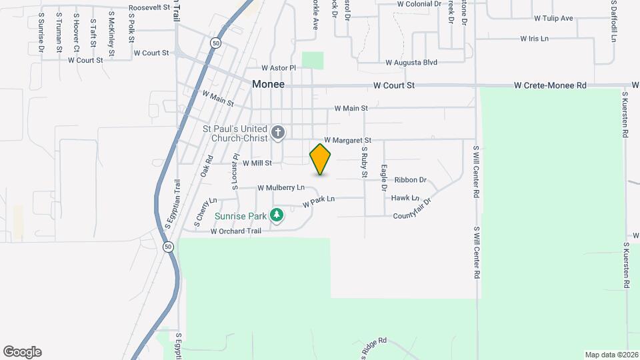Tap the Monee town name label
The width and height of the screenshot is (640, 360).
click(x=269, y=85)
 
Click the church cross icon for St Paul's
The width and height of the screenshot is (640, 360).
click(x=278, y=133)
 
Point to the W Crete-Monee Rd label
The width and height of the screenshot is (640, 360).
click(x=550, y=85)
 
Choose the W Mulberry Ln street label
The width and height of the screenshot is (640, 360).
click(x=281, y=188)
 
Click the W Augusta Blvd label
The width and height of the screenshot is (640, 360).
click(x=411, y=63)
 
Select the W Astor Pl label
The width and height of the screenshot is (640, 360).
click(x=278, y=68)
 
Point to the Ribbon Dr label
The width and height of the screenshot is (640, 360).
click(x=410, y=180)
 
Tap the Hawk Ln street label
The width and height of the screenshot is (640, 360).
click(x=405, y=198)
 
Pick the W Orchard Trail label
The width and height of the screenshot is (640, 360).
click(x=236, y=232)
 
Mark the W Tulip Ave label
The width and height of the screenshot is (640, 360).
click(x=553, y=18)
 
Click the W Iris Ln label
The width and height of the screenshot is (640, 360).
click(x=534, y=39)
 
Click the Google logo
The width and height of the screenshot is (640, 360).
click(x=22, y=352)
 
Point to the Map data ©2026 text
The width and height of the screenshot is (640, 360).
click(x=611, y=355)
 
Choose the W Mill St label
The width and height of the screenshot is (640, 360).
click(x=257, y=163)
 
